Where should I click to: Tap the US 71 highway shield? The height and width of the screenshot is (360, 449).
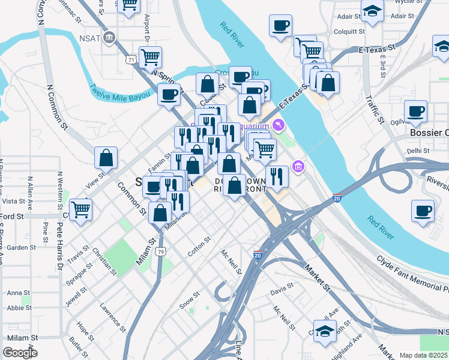tap(131, 59)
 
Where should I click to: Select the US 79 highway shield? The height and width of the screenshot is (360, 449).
tap(160, 251)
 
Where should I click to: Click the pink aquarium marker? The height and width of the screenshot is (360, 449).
tap(277, 125)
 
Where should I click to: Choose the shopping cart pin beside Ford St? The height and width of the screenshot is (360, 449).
tap(81, 210)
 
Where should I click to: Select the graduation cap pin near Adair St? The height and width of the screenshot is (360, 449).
tap(372, 11)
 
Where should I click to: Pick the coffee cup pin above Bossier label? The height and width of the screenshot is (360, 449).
tap(415, 112)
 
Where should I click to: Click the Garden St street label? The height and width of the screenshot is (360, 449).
tap(22, 248)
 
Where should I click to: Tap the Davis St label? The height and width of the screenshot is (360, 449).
tap(281, 291)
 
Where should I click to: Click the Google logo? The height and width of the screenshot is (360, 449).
tap(20, 353)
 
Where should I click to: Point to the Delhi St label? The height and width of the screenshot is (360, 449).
tap(419, 151)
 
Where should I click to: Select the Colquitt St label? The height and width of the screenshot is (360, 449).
tap(349, 31)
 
